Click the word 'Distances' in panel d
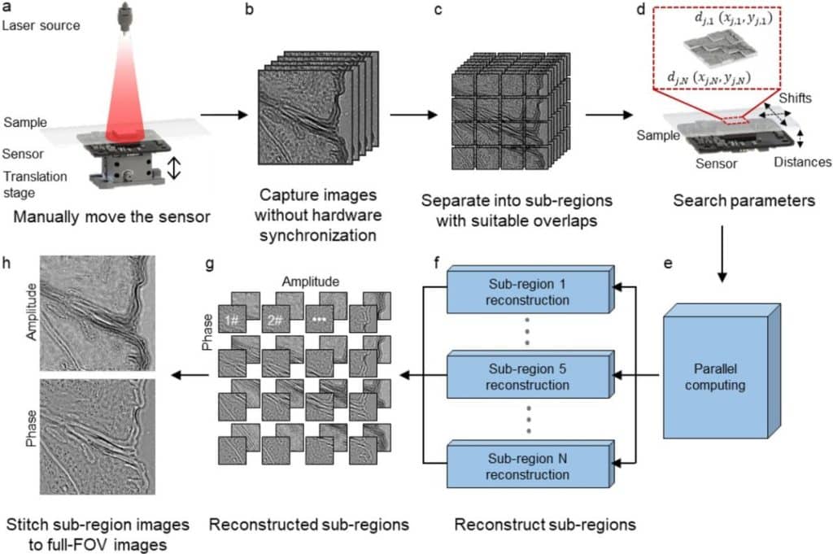pos(803,162)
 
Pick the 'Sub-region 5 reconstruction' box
pos(526,375)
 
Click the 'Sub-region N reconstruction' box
pos(526,463)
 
